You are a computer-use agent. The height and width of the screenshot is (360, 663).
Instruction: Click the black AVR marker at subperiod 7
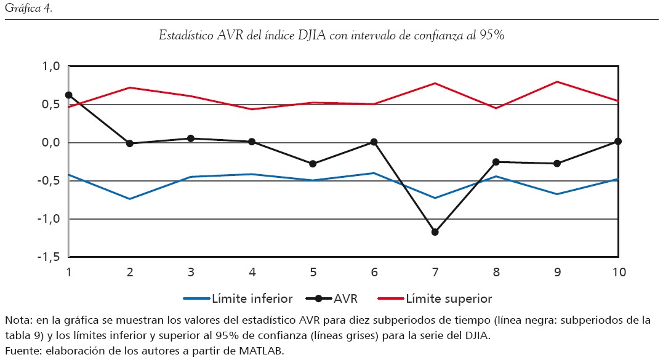point(435,232)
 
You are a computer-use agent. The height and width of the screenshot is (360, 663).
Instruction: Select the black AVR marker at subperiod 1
point(69,95)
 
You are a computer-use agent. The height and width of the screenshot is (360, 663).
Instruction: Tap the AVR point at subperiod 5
point(313,164)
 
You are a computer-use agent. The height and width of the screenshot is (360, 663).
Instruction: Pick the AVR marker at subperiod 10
point(618,142)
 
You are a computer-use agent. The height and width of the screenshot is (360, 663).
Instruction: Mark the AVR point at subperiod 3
point(191,138)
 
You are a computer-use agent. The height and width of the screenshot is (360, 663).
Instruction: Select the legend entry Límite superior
point(449,299)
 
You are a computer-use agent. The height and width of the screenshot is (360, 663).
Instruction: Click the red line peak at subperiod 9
point(557,82)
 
